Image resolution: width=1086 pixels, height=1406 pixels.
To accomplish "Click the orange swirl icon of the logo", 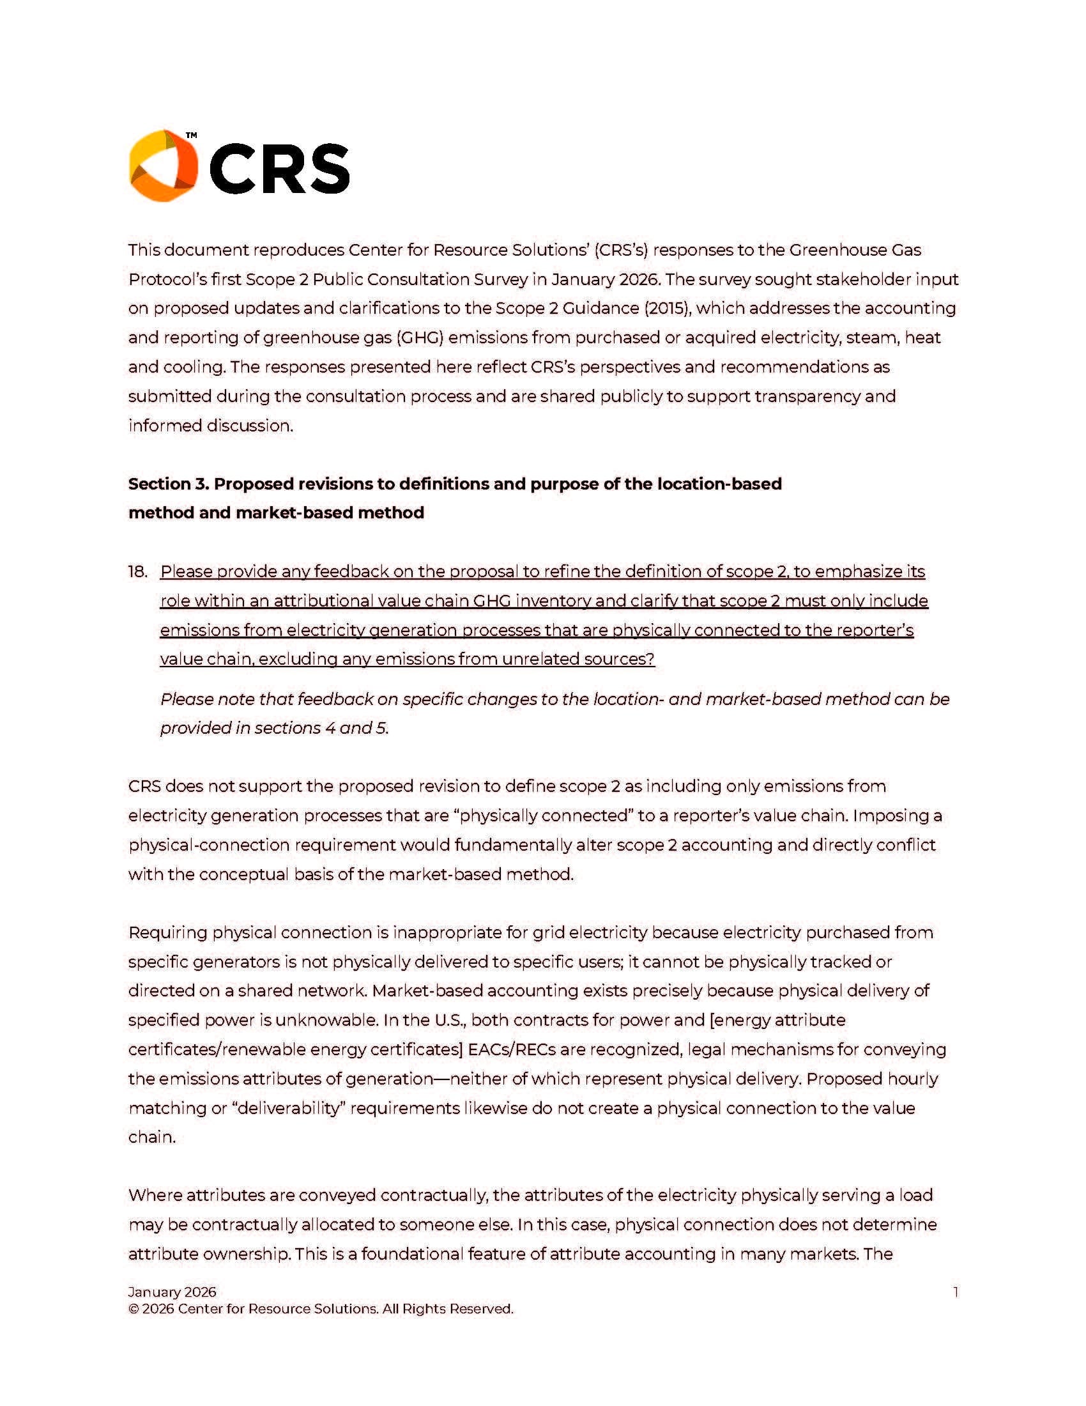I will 163,166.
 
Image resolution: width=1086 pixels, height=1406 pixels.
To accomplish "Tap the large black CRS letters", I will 279,169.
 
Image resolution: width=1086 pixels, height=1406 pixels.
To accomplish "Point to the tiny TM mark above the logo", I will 191,136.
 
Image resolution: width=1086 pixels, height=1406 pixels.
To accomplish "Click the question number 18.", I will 138,572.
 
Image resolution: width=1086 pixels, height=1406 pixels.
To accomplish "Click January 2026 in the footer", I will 172,1292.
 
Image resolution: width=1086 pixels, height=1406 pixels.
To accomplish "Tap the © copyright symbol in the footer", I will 134,1309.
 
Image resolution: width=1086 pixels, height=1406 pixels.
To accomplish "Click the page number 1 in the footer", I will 956,1292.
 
